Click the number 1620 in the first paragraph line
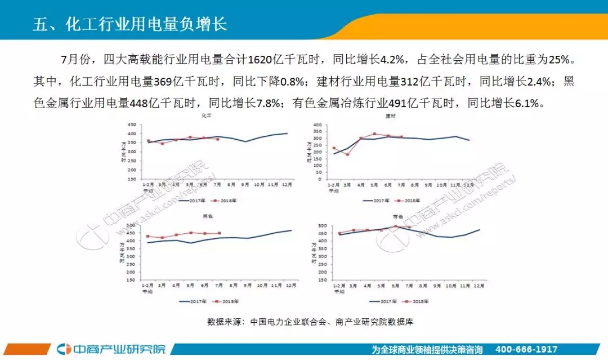(x=259, y=59)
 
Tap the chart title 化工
(x=207, y=116)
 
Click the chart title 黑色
(x=207, y=217)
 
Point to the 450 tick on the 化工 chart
(x=132, y=125)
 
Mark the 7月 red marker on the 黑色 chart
(x=218, y=233)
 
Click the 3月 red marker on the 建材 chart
(x=347, y=154)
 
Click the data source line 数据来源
(x=311, y=322)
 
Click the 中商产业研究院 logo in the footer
(x=112, y=349)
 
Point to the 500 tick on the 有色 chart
(x=323, y=226)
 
